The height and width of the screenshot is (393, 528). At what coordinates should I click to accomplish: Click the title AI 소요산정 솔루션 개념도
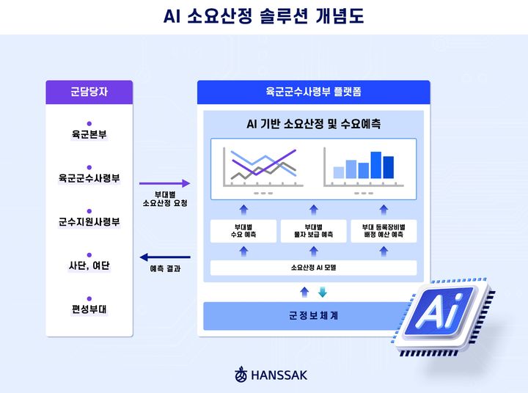pyautogui.click(x=263, y=16)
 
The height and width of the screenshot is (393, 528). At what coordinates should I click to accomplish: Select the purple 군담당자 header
pyautogui.click(x=89, y=92)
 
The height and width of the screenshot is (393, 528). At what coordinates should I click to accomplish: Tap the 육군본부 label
pyautogui.click(x=89, y=135)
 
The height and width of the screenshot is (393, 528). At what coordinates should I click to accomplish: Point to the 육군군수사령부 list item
pyautogui.click(x=89, y=178)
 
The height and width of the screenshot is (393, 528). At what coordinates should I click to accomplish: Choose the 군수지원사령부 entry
pyautogui.click(x=89, y=221)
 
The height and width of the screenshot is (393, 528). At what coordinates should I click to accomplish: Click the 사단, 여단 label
pyautogui.click(x=89, y=265)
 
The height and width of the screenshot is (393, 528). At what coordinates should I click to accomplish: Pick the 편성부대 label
pyautogui.click(x=89, y=308)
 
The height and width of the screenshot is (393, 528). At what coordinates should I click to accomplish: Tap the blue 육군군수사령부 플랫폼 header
pyautogui.click(x=313, y=92)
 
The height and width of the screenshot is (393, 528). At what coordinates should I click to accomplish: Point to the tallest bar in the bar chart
pyautogui.click(x=376, y=165)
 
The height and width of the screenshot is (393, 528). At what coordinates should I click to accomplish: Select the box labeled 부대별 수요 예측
pyautogui.click(x=243, y=231)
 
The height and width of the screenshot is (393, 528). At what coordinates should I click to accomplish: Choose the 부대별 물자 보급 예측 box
pyautogui.click(x=313, y=231)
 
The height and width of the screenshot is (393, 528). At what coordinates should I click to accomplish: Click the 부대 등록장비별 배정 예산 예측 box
pyautogui.click(x=383, y=231)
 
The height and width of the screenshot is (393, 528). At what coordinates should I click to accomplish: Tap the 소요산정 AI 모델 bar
pyautogui.click(x=313, y=268)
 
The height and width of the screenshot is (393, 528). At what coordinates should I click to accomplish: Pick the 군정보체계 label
pyautogui.click(x=313, y=315)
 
